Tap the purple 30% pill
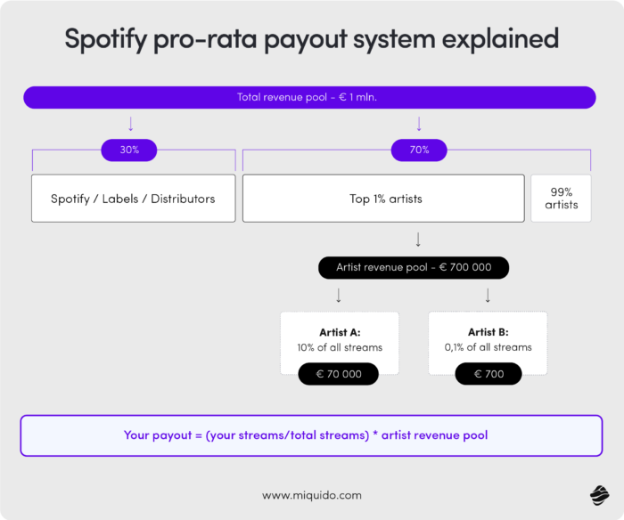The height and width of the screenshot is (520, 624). click(x=129, y=150)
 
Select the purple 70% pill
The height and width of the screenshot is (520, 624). click(x=419, y=150)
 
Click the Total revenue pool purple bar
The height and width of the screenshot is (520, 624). click(x=309, y=97)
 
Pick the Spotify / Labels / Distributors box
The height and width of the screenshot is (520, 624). click(x=133, y=199)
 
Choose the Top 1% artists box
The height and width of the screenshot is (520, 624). click(x=383, y=199)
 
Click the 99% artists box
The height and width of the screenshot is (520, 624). click(x=561, y=199)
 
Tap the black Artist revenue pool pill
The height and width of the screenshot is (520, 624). click(x=414, y=267)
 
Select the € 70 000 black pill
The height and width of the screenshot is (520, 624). click(x=339, y=374)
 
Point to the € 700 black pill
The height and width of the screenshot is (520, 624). click(x=489, y=374)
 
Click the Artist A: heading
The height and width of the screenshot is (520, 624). click(x=339, y=332)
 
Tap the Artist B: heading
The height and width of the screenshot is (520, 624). click(x=488, y=332)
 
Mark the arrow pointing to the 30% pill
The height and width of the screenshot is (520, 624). click(x=130, y=124)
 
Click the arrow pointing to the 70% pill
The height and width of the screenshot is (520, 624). click(x=419, y=124)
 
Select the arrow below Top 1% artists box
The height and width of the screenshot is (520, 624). click(x=418, y=240)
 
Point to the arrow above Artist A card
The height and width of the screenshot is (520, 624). click(x=339, y=295)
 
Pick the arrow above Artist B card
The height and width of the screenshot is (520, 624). click(x=488, y=295)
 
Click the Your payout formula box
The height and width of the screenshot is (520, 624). click(x=311, y=435)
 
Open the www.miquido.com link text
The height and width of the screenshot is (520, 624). click(x=311, y=494)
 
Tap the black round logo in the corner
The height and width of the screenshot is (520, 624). click(x=598, y=494)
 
